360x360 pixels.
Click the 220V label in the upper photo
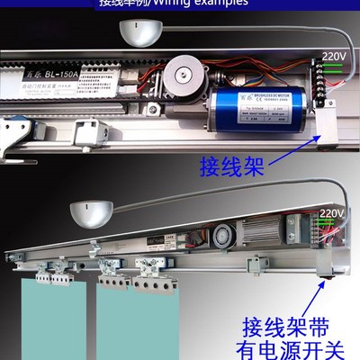333,56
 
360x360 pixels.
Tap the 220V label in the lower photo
332,214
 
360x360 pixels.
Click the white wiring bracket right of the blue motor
326,117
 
